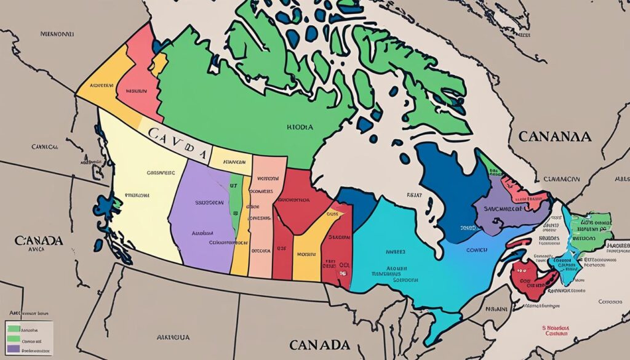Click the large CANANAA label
pyautogui.click(x=555, y=136)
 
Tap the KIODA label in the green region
pyautogui.click(x=300, y=127)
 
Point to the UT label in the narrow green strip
pyautogui.click(x=233, y=185)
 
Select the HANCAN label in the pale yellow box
pyautogui.click(x=231, y=163)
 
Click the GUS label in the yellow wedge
pyautogui.click(x=333, y=214)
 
